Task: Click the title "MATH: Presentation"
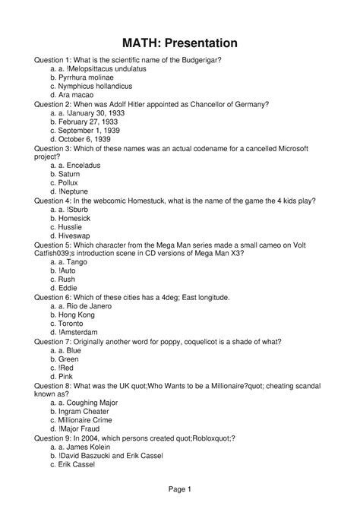click(x=179, y=43)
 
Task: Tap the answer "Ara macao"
click(x=77, y=95)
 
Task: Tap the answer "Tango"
click(x=79, y=262)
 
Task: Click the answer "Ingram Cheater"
click(x=89, y=411)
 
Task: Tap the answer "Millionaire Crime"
click(x=90, y=420)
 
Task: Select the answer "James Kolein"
click(x=91, y=447)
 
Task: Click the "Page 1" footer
click(x=179, y=489)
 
